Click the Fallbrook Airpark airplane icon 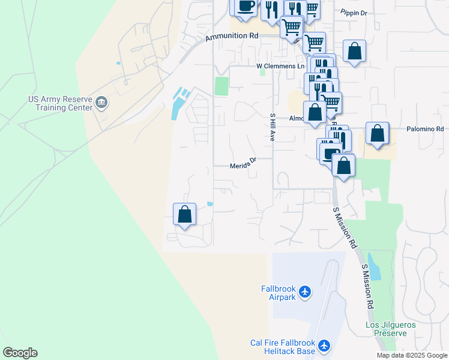(306, 292)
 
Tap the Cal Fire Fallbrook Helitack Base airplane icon (325, 346)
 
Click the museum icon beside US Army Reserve (101, 103)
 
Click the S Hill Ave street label (272, 127)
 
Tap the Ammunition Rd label (232, 37)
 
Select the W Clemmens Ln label (280, 66)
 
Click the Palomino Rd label (424, 129)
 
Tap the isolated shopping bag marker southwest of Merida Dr (185, 215)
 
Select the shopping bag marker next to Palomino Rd (377, 134)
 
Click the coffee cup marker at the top (245, 6)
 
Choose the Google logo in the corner (20, 353)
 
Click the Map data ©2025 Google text (412, 355)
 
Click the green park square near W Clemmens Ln (221, 86)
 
